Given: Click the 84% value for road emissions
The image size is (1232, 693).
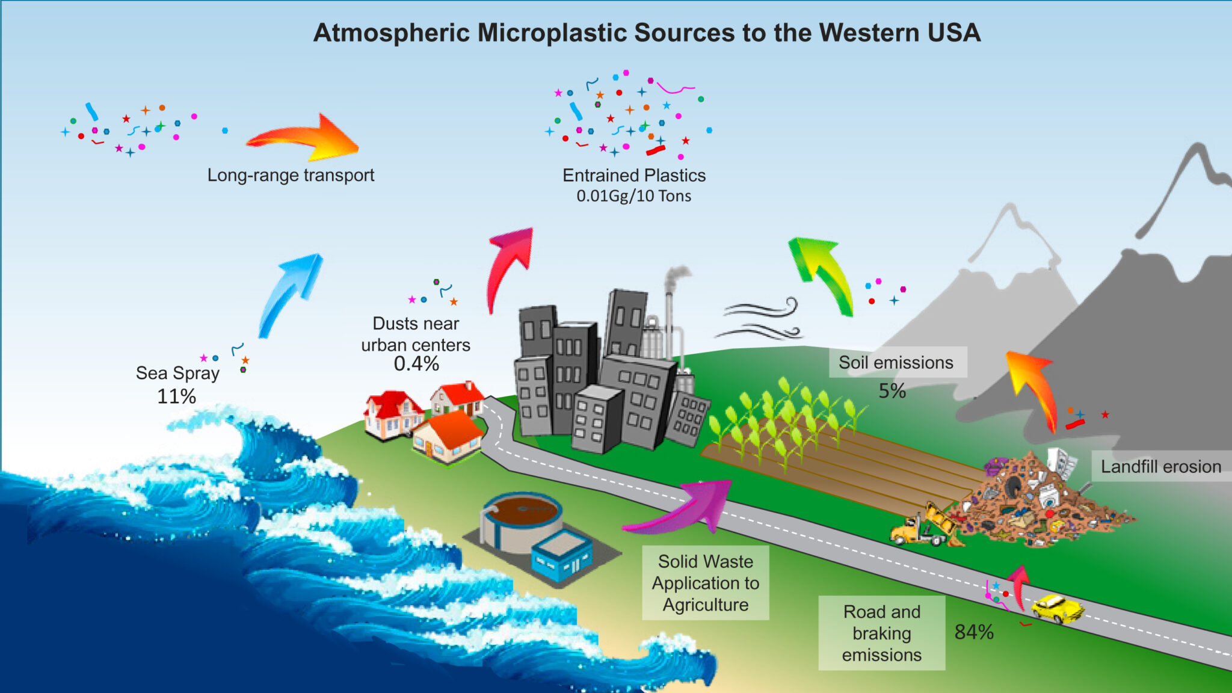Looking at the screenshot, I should click(973, 632).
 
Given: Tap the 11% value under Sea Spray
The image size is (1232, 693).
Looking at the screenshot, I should click(176, 396).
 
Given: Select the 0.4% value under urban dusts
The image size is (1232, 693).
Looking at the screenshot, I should click(416, 364).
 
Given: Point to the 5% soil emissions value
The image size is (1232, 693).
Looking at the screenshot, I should click(892, 391).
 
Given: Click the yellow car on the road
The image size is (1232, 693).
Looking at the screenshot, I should click(1057, 608).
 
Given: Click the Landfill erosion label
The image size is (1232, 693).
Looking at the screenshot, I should click(1160, 466).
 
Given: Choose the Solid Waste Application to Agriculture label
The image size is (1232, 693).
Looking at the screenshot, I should click(705, 582).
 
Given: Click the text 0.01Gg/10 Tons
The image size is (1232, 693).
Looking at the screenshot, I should click(633, 196).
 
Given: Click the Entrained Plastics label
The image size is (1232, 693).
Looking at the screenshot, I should click(633, 175).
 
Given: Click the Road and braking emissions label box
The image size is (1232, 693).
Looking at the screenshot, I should click(881, 633).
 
